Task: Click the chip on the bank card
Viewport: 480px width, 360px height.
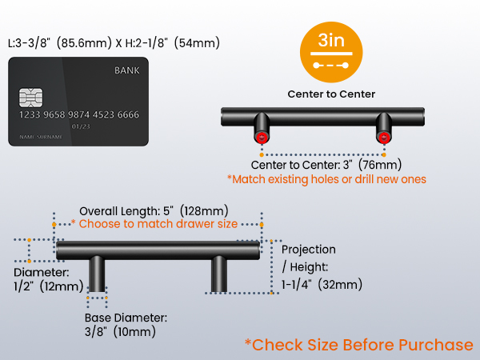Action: (30, 98)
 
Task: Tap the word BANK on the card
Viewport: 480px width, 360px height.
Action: (126, 70)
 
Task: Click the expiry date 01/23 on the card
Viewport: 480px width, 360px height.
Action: (81, 126)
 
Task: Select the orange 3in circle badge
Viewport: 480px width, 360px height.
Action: (331, 52)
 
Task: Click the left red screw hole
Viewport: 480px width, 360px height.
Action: (262, 138)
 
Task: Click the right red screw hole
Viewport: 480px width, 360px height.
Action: (384, 138)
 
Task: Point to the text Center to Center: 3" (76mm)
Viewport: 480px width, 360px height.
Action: (326, 165)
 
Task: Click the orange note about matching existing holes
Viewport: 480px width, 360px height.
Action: (326, 179)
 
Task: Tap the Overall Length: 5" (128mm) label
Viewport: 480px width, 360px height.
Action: (154, 211)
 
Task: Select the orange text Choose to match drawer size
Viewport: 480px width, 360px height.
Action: (158, 224)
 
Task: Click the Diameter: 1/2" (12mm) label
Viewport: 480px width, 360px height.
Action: (48, 279)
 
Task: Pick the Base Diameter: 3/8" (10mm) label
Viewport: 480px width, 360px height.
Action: (126, 325)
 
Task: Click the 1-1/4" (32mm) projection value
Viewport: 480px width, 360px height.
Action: (322, 285)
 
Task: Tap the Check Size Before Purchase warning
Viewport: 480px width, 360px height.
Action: (358, 345)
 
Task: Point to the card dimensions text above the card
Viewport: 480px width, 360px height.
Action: (114, 43)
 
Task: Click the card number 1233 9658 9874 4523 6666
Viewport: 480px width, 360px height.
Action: (79, 114)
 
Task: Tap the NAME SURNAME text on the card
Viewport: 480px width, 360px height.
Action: (41, 137)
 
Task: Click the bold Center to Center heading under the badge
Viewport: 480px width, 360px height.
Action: (331, 94)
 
